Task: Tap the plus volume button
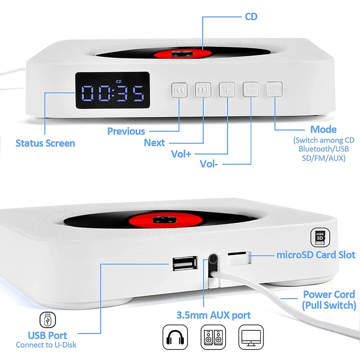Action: click(x=227, y=90)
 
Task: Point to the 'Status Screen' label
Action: click(x=45, y=143)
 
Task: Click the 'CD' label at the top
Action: click(x=251, y=17)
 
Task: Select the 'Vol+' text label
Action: click(x=181, y=154)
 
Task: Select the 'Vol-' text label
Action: click(x=209, y=164)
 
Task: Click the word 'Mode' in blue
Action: click(x=323, y=130)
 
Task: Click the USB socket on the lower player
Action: click(x=185, y=263)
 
